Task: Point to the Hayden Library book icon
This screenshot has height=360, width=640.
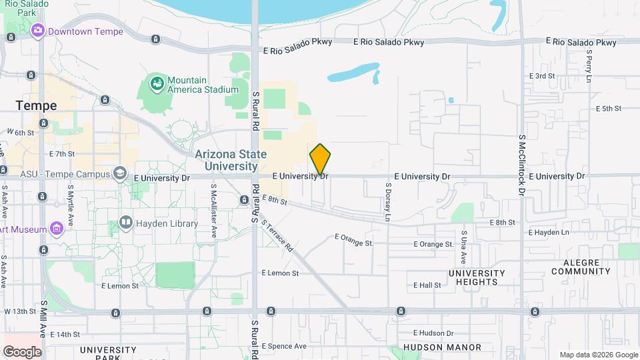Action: tap(125, 222)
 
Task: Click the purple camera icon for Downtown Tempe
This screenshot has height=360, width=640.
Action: tap(37, 31)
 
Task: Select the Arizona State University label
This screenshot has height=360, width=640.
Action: tap(231, 160)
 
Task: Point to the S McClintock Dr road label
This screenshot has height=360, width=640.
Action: tap(522, 164)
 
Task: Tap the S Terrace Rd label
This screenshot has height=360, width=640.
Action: tap(277, 236)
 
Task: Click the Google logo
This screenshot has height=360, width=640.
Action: tap(22, 351)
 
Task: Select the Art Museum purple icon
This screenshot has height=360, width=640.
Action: tap(57, 230)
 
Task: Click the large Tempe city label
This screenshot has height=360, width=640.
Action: tap(37, 106)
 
